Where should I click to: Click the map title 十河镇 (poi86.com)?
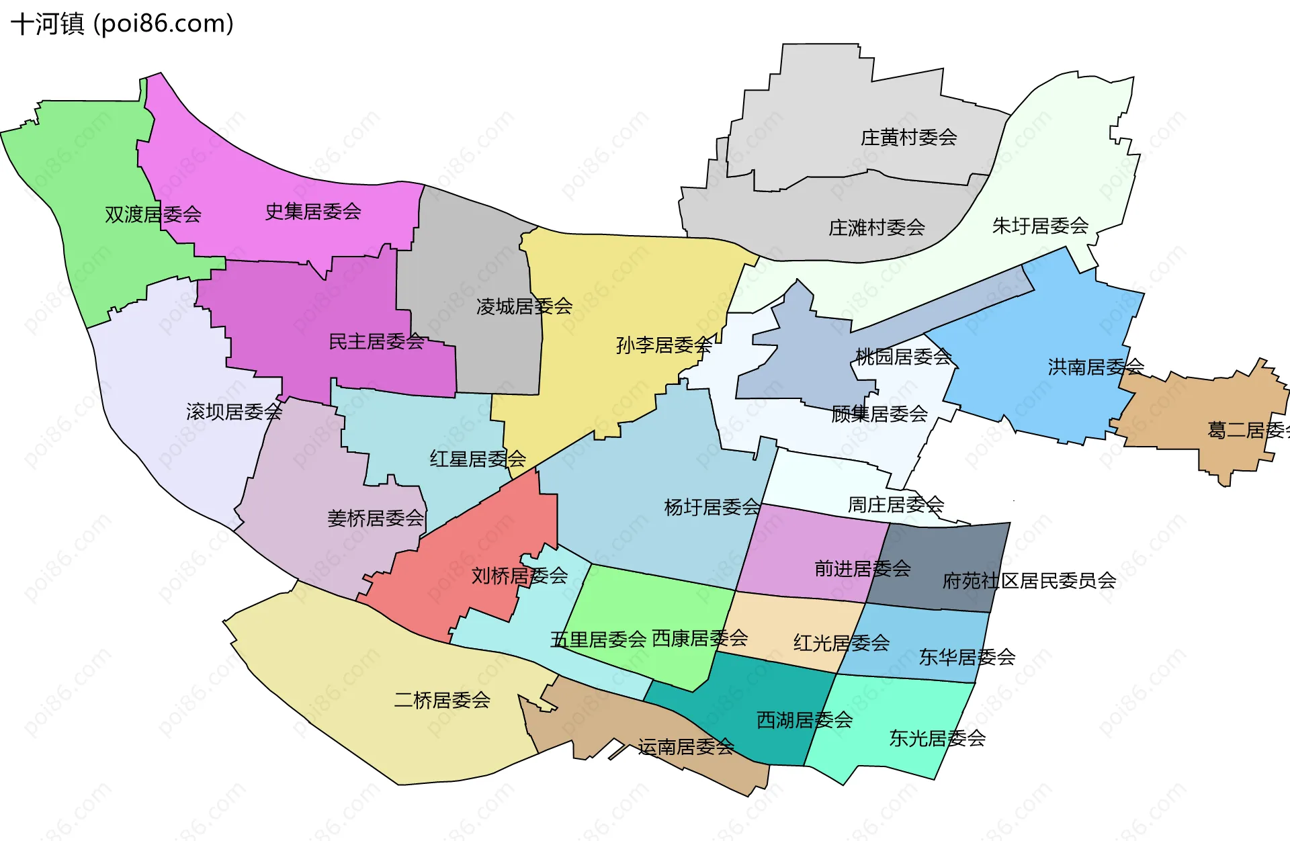122,24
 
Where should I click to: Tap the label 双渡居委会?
153,214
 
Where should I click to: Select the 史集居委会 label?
313,212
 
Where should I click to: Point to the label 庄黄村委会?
908,138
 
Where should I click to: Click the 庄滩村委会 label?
876,228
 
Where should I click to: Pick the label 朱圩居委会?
1040,226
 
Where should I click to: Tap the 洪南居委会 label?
1095,367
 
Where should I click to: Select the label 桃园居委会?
903,357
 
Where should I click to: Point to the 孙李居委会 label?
664,345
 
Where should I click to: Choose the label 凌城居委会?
524,306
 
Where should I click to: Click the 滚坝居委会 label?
234,412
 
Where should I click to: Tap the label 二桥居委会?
442,700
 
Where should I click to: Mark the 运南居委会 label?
686,746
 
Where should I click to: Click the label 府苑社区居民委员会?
1029,580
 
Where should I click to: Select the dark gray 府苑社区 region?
941,551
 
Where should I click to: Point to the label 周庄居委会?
896,504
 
